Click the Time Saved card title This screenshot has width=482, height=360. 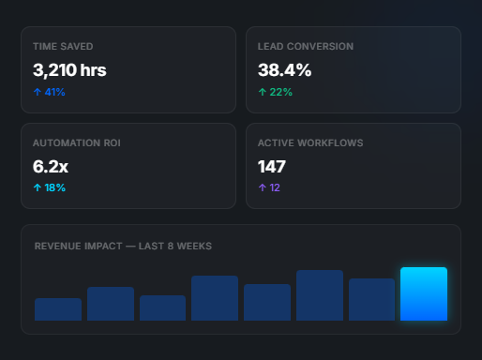click(x=63, y=46)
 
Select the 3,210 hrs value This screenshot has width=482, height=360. click(x=69, y=70)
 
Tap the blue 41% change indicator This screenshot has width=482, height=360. click(x=49, y=92)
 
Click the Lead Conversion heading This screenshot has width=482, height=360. click(x=306, y=46)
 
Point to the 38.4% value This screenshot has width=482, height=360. click(x=284, y=69)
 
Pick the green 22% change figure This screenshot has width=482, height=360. click(x=275, y=92)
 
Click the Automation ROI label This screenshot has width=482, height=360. click(x=77, y=142)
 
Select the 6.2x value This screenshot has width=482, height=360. click(x=51, y=167)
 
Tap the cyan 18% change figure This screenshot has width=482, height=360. click(x=49, y=187)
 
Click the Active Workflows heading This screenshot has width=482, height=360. click(x=310, y=142)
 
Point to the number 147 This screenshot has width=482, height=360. click(x=272, y=167)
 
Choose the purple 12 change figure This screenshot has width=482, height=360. click(x=275, y=187)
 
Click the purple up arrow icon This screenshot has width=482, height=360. click(x=263, y=187)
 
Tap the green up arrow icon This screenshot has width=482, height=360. click(x=263, y=92)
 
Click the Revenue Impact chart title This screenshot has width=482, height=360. click(x=123, y=246)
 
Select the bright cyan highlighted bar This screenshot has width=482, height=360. click(x=424, y=293)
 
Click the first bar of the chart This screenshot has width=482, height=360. click(x=58, y=309)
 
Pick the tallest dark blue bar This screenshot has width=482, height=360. click(x=320, y=295)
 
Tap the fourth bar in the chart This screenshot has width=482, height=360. click(x=215, y=298)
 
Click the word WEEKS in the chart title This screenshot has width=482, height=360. click(x=194, y=246)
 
